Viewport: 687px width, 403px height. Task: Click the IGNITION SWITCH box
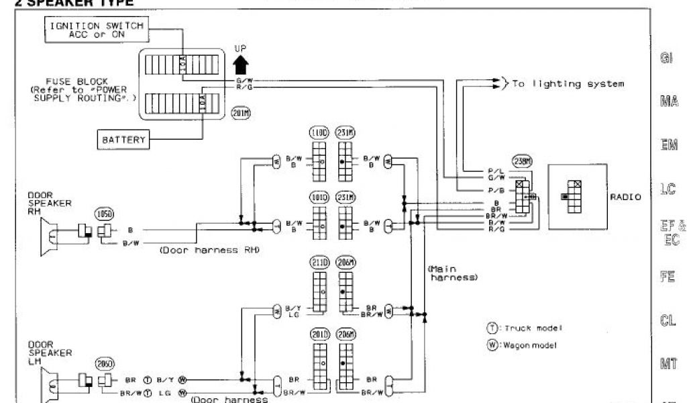(97, 30)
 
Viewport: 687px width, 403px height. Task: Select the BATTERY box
(123, 140)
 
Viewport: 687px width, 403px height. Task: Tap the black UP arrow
(242, 63)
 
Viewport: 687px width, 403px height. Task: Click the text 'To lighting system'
(568, 84)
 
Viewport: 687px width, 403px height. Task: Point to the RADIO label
(625, 197)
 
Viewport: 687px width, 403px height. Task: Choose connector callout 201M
(240, 112)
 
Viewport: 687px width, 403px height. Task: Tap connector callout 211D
(319, 263)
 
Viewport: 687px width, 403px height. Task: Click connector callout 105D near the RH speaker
(104, 214)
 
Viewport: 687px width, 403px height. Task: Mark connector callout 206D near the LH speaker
(105, 363)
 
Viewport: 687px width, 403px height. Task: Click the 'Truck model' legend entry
(525, 328)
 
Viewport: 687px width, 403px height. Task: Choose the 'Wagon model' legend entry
(525, 345)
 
